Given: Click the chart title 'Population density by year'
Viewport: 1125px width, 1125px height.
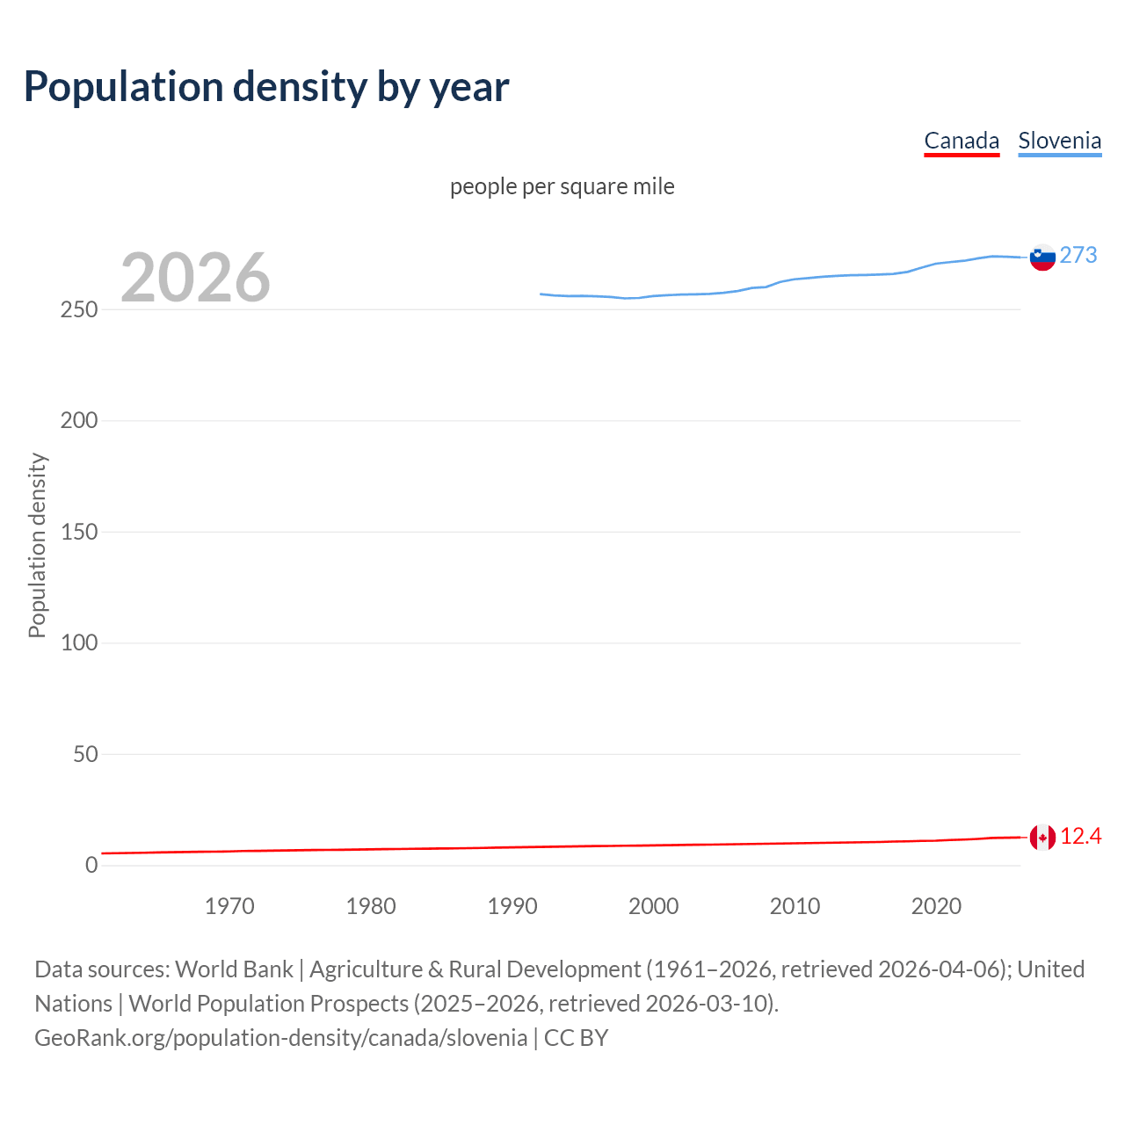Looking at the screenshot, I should (266, 87).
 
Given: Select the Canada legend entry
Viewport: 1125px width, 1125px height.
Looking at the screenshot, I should (962, 141).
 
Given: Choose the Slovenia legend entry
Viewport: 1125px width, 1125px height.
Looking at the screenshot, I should (1059, 141).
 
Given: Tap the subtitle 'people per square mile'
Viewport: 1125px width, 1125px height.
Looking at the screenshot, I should (562, 187).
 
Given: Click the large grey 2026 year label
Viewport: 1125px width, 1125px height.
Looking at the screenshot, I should (195, 278).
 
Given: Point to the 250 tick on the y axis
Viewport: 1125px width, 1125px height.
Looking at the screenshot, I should (79, 310).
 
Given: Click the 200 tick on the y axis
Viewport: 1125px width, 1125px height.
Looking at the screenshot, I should (79, 421).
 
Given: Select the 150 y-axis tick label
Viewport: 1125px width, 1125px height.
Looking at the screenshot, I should (79, 532).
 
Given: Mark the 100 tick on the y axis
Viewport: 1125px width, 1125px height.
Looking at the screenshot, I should (79, 643).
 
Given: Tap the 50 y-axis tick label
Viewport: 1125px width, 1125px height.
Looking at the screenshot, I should (85, 754).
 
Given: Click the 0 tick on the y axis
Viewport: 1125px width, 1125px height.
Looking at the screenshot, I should (91, 866).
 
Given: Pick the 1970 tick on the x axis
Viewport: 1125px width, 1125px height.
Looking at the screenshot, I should (229, 906).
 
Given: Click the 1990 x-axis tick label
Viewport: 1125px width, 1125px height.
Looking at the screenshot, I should (512, 906).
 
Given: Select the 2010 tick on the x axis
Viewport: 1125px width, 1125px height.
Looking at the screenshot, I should (795, 906).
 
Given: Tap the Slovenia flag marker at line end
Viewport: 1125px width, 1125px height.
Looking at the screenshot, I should (1042, 258).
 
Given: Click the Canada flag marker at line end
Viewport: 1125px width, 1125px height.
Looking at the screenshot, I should (1042, 838).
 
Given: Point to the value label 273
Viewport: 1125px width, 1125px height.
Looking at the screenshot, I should (1078, 256).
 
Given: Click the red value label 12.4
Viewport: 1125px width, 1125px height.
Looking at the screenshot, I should (1080, 837).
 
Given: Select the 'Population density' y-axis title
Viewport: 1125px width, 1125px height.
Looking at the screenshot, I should (37, 545).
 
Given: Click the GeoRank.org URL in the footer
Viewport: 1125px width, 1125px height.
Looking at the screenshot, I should (280, 1038).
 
